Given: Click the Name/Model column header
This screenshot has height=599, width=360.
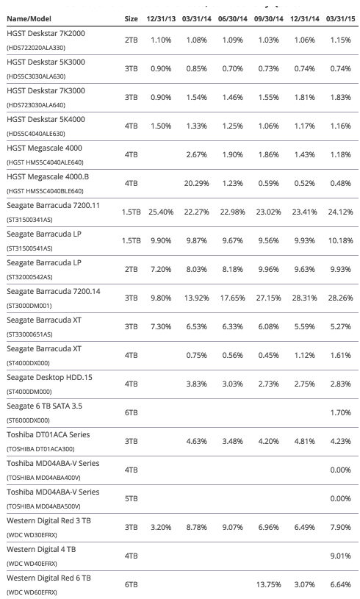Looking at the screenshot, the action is [x=29, y=18].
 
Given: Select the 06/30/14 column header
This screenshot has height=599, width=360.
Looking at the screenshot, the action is [x=232, y=18].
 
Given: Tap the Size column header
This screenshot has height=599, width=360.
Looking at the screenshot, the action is [x=131, y=18].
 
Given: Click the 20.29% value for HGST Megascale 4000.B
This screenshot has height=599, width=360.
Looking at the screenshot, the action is [x=197, y=183].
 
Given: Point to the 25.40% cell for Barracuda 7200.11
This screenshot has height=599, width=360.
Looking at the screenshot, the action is [x=161, y=212].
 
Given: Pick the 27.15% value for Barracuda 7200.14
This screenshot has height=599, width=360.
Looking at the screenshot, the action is [x=268, y=298].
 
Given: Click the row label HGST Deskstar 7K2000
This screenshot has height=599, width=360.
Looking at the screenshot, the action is [x=46, y=34].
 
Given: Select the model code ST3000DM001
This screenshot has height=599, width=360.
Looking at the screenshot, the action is [x=29, y=306].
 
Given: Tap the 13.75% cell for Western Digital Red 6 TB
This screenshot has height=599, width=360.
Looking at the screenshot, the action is [x=268, y=584].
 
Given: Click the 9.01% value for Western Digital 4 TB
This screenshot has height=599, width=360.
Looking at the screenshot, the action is [x=340, y=556].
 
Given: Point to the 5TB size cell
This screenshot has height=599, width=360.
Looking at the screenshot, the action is [x=131, y=498].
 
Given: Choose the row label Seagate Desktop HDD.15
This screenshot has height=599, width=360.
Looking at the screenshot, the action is [x=50, y=378].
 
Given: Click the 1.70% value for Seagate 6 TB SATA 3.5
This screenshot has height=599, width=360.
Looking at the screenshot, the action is [x=340, y=412].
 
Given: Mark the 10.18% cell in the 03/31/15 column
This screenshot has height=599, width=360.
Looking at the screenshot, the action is [x=340, y=240].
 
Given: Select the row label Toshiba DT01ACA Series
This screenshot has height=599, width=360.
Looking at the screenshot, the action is [x=48, y=434].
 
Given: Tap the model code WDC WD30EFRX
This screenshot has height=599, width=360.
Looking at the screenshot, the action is [x=32, y=535].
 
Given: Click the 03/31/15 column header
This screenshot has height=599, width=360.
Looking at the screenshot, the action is [x=340, y=18].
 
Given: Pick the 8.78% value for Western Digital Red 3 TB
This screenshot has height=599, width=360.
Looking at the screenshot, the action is [x=197, y=527].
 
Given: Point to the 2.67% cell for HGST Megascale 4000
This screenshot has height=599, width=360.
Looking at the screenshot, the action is [x=197, y=155].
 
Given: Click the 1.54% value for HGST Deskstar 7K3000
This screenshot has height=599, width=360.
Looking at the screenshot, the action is [x=197, y=98].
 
